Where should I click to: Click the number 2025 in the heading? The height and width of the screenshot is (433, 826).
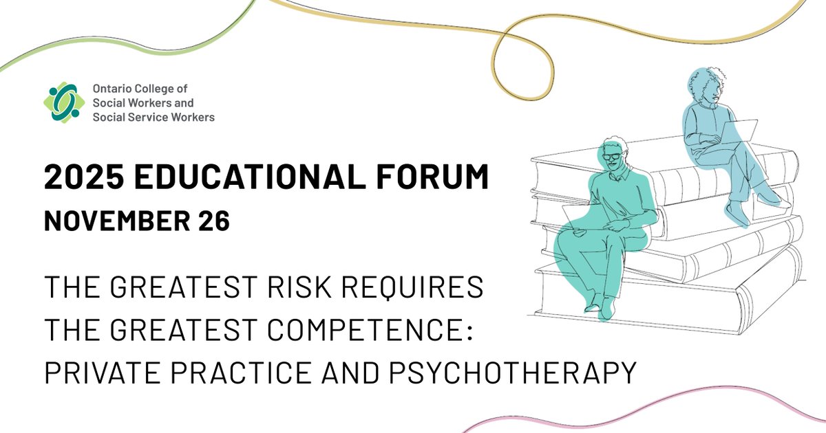(x=83, y=179)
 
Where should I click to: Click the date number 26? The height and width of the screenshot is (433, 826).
(x=213, y=222)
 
